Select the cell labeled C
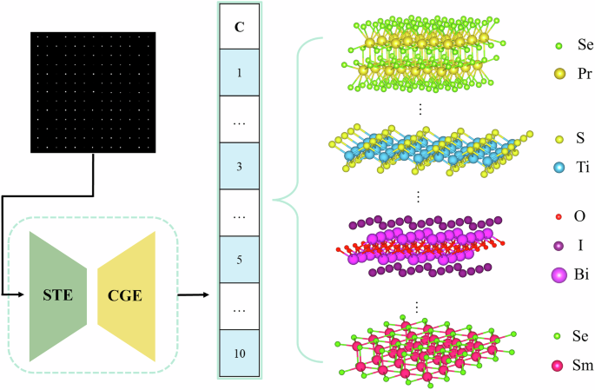click(x=238, y=26)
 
